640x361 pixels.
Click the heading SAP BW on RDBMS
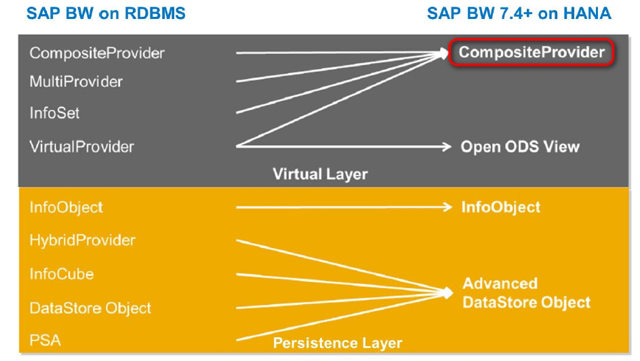pos(106,14)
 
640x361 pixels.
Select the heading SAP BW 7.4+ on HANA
pos(519,14)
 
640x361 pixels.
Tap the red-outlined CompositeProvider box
pos(532,53)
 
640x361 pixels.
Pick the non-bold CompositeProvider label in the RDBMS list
pos(97,53)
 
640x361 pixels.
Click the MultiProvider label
pos(76,82)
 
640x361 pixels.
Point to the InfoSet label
pos(54,113)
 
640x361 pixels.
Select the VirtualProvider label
pos(81,146)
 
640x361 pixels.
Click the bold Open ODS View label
pos(520,146)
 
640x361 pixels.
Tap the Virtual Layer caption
pos(320,174)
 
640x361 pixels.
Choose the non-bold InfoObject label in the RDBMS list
pos(66,207)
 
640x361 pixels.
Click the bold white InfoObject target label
pos(501,207)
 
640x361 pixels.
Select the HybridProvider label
pos(82,240)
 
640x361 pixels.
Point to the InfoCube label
pos(62,274)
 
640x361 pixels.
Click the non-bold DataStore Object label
pos(90,308)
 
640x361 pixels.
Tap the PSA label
pos(45,339)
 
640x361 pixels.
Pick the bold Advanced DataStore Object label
pos(526,293)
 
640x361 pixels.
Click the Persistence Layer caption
pos(337,343)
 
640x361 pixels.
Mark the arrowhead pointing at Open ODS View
pos(446,146)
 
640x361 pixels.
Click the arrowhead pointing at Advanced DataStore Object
pos(447,292)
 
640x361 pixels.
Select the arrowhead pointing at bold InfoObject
pos(447,207)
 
